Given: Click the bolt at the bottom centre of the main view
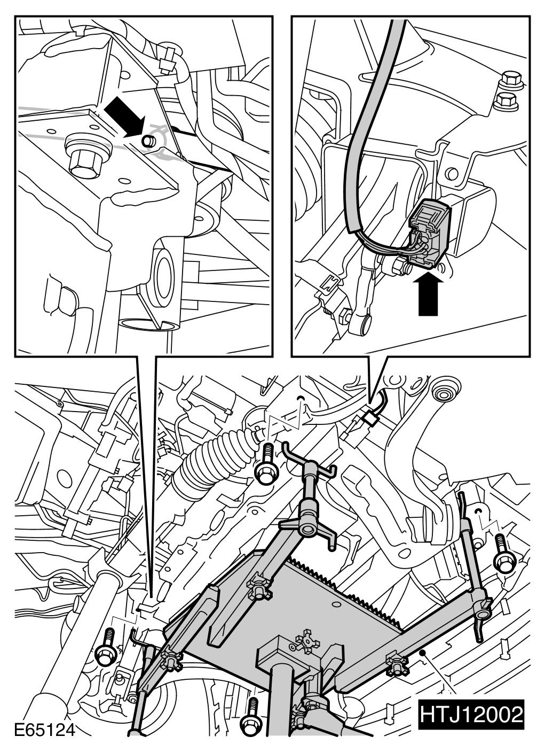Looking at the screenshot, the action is (250, 724).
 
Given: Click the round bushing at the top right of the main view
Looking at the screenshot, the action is (444, 396).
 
